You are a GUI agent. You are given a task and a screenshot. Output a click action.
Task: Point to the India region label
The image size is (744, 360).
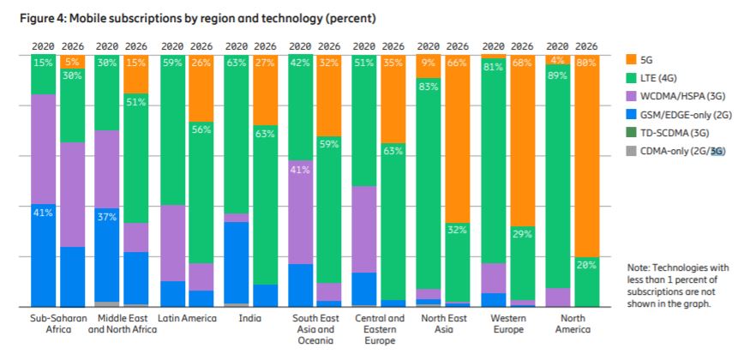249,318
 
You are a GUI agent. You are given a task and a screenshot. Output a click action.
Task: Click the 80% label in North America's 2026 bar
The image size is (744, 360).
587,61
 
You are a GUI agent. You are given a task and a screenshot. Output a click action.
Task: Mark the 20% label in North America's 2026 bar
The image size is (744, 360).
587,265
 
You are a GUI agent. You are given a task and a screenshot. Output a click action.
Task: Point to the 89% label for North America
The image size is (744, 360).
558,75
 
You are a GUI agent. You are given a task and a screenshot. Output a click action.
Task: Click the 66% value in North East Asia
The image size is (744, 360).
457,61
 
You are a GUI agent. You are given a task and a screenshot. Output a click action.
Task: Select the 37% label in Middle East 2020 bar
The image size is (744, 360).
107,217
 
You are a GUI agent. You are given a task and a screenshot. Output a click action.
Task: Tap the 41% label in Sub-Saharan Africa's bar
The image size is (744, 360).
43,212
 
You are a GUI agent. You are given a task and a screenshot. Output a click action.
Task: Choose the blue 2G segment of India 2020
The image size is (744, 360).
237,261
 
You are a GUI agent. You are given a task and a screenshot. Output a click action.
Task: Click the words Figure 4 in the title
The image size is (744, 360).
44,18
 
